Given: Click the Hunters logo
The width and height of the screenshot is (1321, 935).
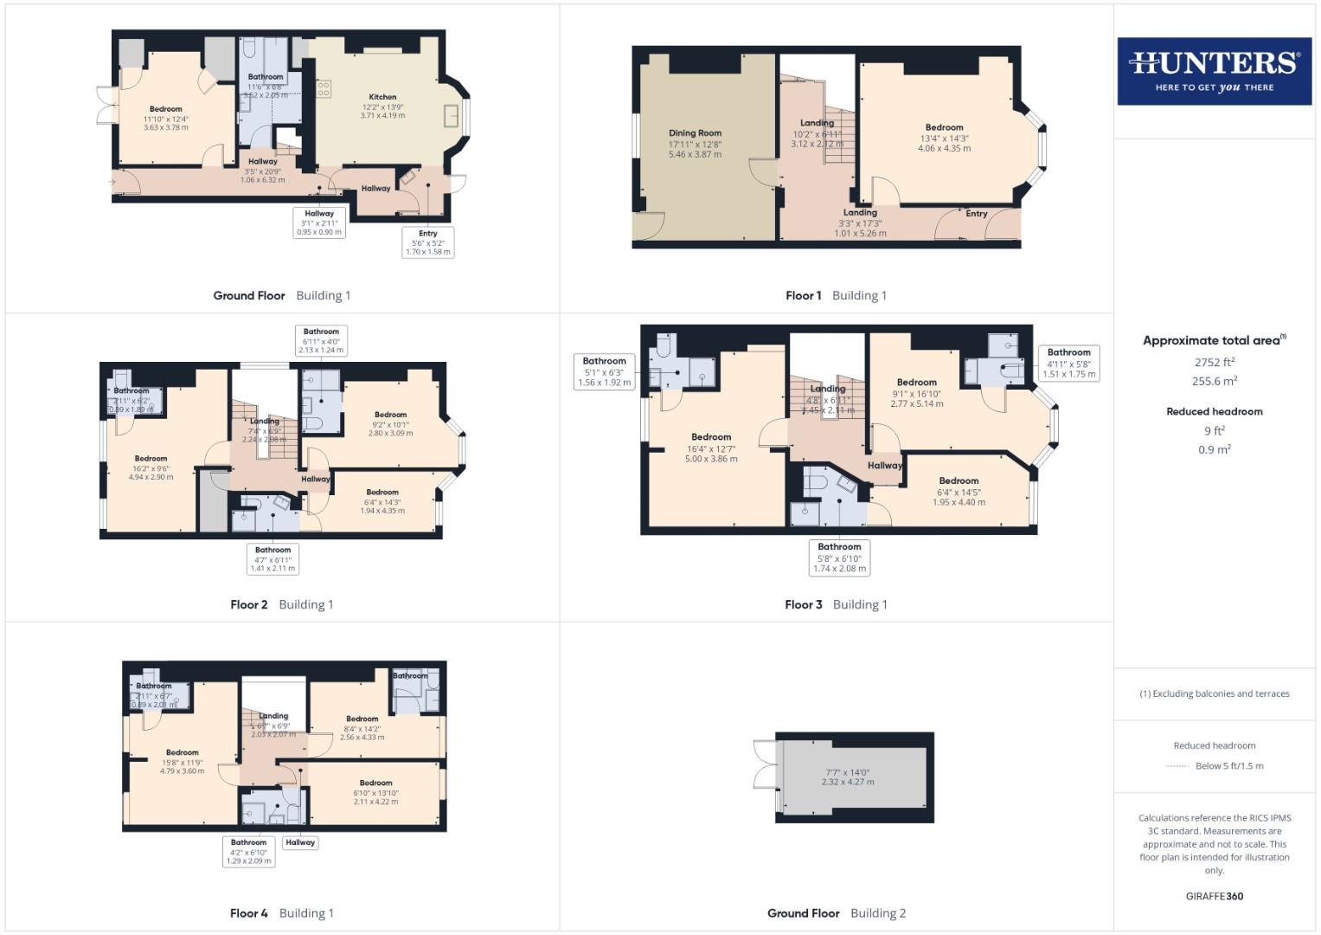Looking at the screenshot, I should coord(1214,70).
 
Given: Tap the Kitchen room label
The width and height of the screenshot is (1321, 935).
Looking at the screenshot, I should coord(382,97).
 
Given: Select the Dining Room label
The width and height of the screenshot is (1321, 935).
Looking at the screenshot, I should coord(695,133).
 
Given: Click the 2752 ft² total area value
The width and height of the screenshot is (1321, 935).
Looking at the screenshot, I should coord(1215,363).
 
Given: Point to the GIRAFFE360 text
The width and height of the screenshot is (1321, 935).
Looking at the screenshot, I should coord(1215,896).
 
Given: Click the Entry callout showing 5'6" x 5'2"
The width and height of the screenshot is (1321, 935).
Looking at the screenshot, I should coord(428,242).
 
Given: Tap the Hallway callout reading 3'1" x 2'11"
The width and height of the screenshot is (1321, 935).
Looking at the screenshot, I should coord(319,222).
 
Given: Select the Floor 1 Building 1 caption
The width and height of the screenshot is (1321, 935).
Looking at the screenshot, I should coord(836,295).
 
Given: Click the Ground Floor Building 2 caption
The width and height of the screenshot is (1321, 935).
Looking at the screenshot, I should coord(837,912).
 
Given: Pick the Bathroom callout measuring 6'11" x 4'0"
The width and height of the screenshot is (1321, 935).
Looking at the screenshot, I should coord(321,340).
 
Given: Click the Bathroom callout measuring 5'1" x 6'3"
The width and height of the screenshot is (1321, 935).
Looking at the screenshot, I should coord(604,371).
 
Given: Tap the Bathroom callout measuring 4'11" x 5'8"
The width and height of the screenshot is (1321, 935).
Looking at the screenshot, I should coord(1069,364).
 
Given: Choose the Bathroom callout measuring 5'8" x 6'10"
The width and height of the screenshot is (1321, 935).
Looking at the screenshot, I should coord(839,558).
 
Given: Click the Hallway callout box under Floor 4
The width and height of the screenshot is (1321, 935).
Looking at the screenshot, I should coord(300,842).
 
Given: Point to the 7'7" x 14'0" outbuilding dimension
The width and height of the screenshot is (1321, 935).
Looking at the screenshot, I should coord(847,777).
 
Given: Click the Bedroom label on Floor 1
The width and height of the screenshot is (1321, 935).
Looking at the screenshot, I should coord(944,127).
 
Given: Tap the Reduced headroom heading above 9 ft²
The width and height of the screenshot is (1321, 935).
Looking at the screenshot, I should coord(1215,411).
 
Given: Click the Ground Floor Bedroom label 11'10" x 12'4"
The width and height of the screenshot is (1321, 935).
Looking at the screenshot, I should coord(166,109).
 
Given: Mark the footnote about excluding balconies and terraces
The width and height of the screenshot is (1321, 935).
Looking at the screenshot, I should coord(1215,693).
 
